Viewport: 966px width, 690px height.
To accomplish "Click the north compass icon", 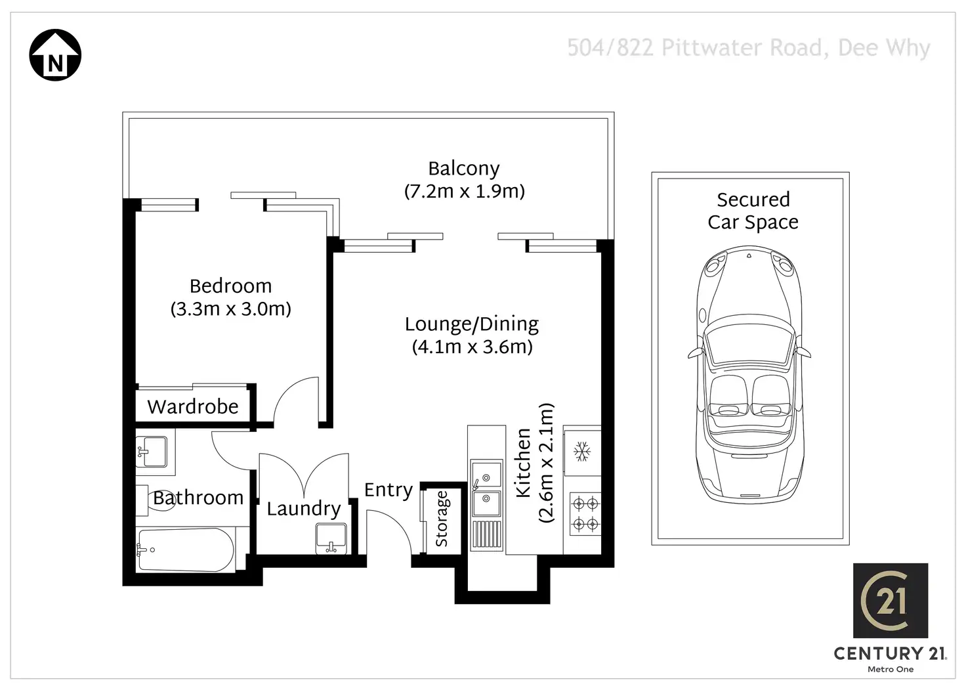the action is point(55,54).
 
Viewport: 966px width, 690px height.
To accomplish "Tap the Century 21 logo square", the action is point(891,600).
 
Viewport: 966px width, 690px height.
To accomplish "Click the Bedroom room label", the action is point(231,286).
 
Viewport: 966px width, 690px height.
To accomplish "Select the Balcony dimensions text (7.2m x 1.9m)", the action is point(465,192).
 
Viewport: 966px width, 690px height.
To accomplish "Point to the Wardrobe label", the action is point(193,406).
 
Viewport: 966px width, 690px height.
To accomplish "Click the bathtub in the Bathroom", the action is point(186,550).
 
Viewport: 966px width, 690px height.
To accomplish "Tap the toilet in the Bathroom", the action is point(156,500).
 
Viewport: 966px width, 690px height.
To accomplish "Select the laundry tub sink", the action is point(331,538).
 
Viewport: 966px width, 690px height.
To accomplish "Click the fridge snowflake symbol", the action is point(581,452).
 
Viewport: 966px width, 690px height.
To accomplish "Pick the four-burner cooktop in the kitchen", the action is point(585,514).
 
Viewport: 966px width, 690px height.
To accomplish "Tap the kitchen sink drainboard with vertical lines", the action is point(486,536).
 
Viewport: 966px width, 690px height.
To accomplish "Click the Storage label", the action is point(442,519).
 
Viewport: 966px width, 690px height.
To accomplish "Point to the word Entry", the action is point(388,490).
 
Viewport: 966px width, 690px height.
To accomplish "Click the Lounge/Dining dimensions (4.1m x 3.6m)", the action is point(472,347).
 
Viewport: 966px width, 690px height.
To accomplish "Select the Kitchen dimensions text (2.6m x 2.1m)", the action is point(545,463).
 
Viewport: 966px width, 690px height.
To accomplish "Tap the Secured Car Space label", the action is point(753,211).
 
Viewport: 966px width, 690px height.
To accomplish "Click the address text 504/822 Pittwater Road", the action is point(697,48).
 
